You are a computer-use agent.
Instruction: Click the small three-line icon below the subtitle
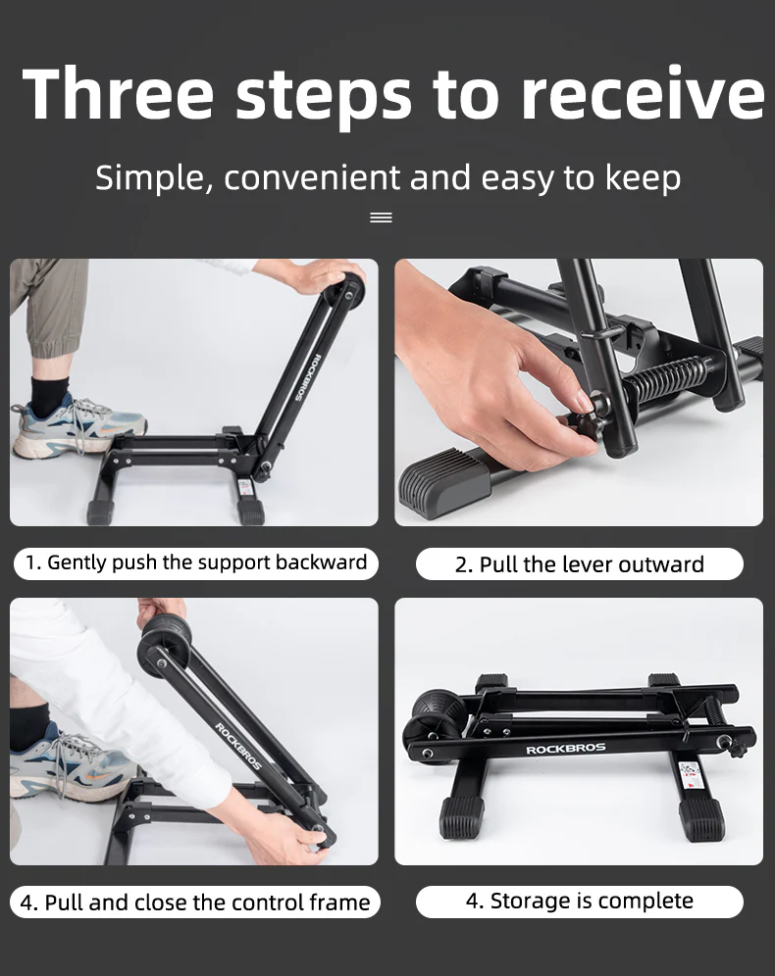pyautogui.click(x=381, y=218)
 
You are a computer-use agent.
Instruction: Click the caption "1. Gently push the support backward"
pyautogui.click(x=195, y=562)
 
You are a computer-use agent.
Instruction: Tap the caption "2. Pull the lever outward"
pyautogui.click(x=579, y=564)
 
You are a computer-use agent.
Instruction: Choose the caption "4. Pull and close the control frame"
pyautogui.click(x=195, y=903)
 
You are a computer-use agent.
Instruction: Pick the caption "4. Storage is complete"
pyautogui.click(x=579, y=902)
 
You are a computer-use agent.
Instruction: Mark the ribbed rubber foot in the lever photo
pyautogui.click(x=451, y=485)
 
